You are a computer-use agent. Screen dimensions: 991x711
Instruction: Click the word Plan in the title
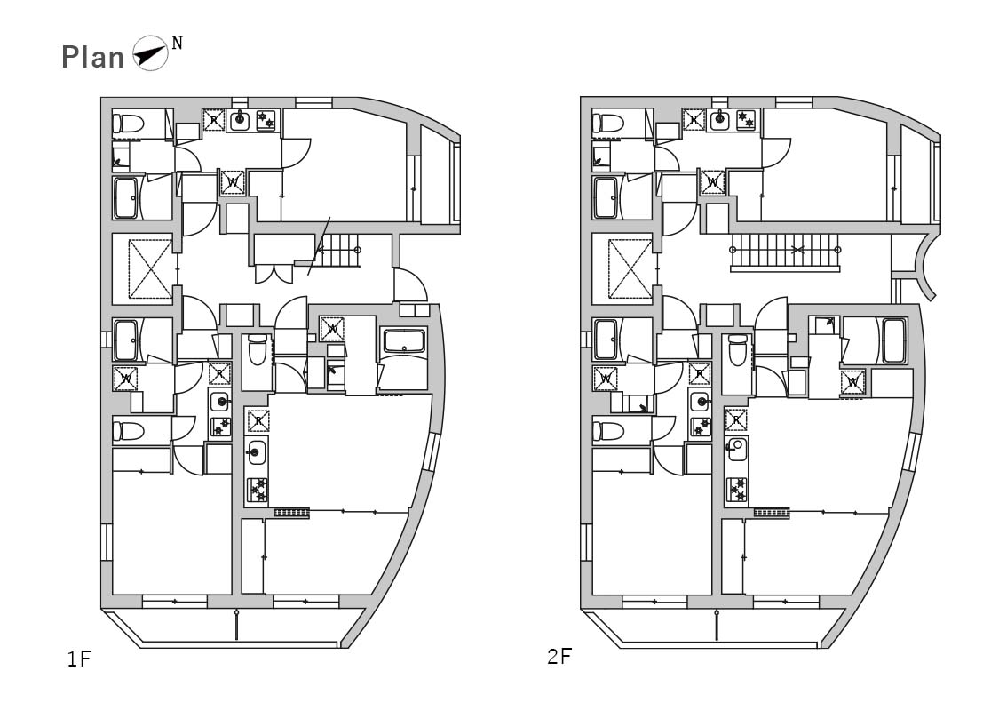point(92,57)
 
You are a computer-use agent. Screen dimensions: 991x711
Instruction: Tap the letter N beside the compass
point(177,43)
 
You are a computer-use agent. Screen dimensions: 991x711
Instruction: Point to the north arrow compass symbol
point(150,53)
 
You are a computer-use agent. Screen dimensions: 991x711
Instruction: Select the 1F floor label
point(80,659)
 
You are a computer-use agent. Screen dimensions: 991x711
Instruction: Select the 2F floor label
point(559,657)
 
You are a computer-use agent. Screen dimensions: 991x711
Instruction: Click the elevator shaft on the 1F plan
point(150,268)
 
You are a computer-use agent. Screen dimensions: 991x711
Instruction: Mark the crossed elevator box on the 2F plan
point(630,268)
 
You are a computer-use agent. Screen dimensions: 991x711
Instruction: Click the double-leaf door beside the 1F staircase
point(274,274)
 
